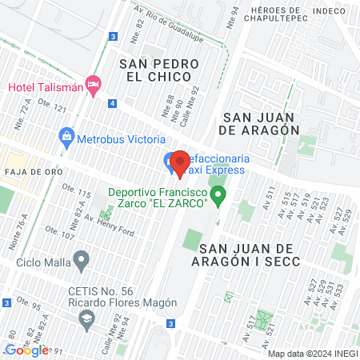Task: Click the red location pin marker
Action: tap(179, 164)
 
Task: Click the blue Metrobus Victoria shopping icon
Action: tap(66, 137)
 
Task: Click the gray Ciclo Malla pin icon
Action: tap(81, 261)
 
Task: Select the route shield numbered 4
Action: tap(114, 103)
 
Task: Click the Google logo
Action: tap(26, 350)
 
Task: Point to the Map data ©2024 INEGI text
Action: tap(311, 354)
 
